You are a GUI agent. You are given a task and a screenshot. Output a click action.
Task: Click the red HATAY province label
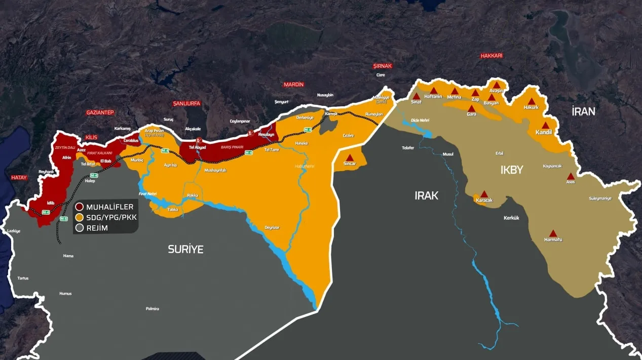tap(19, 178)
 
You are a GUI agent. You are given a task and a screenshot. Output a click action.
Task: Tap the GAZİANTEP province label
tap(100, 112)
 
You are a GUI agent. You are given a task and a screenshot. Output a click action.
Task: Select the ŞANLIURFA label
tap(186, 103)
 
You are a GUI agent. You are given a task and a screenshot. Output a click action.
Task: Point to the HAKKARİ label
tap(492, 56)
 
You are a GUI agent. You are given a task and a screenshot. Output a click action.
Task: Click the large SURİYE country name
tap(186, 249)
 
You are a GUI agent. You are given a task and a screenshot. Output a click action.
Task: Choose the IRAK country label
tap(426, 195)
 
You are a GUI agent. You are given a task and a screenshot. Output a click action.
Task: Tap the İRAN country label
tap(583, 111)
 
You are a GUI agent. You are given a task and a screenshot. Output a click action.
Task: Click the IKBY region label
tap(511, 170)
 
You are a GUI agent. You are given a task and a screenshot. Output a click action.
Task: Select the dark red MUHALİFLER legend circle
tap(79, 207)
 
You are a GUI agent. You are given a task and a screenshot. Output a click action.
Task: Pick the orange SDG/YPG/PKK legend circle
tap(79, 217)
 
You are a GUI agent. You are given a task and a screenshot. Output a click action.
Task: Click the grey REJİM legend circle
tap(79, 228)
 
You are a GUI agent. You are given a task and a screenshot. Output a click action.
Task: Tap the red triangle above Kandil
tap(545, 125)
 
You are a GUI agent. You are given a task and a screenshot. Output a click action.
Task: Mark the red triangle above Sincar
tap(350, 157)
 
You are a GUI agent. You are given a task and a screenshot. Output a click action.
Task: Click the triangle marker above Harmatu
tap(553, 233)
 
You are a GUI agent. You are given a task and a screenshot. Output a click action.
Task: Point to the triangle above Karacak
tap(484, 194)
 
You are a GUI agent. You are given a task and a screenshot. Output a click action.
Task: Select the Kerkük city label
tap(511, 218)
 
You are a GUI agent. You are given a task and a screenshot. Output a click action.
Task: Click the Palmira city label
tap(153, 308)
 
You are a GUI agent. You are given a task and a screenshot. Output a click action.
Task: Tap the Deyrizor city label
tap(272, 227)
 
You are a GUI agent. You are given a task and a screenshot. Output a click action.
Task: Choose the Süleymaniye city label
tap(600, 198)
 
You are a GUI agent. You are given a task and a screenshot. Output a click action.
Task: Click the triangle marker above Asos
tap(571, 176)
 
